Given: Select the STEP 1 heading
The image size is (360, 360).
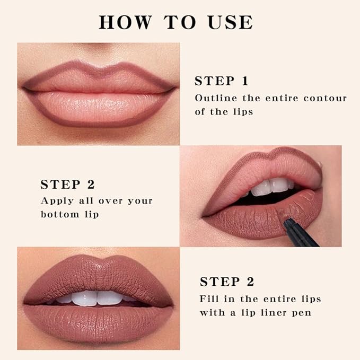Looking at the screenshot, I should pos(221,81).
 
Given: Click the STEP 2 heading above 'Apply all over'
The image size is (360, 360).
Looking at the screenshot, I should pos(67,185).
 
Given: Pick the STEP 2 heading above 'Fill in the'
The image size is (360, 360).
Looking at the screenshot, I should pos(226,282).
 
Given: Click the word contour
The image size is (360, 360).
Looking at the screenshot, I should pos(324,98).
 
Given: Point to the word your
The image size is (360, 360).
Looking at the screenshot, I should pos(139,201).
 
